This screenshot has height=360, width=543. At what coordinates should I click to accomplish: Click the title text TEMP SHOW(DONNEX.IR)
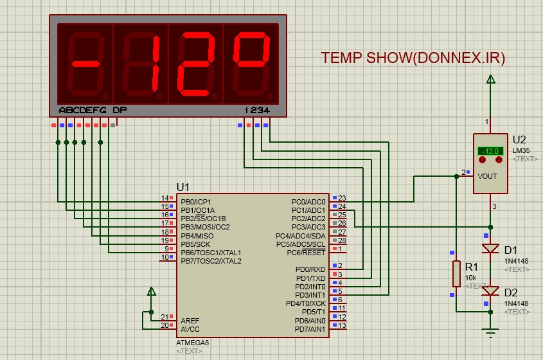pos(413,58)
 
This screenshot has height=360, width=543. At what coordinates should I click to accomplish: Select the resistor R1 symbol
pos(456,274)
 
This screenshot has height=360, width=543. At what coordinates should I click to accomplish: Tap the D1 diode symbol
pos(490,248)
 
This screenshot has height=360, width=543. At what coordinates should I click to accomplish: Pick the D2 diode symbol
pos(490,291)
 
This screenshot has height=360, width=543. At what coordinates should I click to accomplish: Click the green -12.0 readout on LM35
pos(490,151)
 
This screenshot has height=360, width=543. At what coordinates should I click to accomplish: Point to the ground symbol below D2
pos(490,332)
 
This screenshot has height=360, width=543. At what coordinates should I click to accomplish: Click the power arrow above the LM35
pos(490,79)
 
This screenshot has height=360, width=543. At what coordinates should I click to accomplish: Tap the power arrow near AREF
pos(152,291)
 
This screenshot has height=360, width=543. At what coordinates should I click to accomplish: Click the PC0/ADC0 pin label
pos(308,202)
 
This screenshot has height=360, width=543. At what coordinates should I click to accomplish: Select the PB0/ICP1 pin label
pos(195,202)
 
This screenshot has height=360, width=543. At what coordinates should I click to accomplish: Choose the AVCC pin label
pos(190,329)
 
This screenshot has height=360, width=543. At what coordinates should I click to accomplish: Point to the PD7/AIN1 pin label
pos(310,329)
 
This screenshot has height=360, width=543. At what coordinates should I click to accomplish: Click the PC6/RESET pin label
pos(306,253)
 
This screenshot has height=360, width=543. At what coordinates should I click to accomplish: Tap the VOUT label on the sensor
pos(487,176)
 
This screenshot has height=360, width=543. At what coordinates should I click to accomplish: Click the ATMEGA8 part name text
pos(193,343)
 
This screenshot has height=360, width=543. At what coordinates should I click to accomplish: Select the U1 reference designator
pos(183,188)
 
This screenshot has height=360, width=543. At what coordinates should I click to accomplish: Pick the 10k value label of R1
pos(470,278)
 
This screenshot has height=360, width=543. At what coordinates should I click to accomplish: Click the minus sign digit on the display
pos(85,64)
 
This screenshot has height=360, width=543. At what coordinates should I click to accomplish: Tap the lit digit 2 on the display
pos(195,64)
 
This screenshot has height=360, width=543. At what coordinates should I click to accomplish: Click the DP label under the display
pos(120,110)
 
